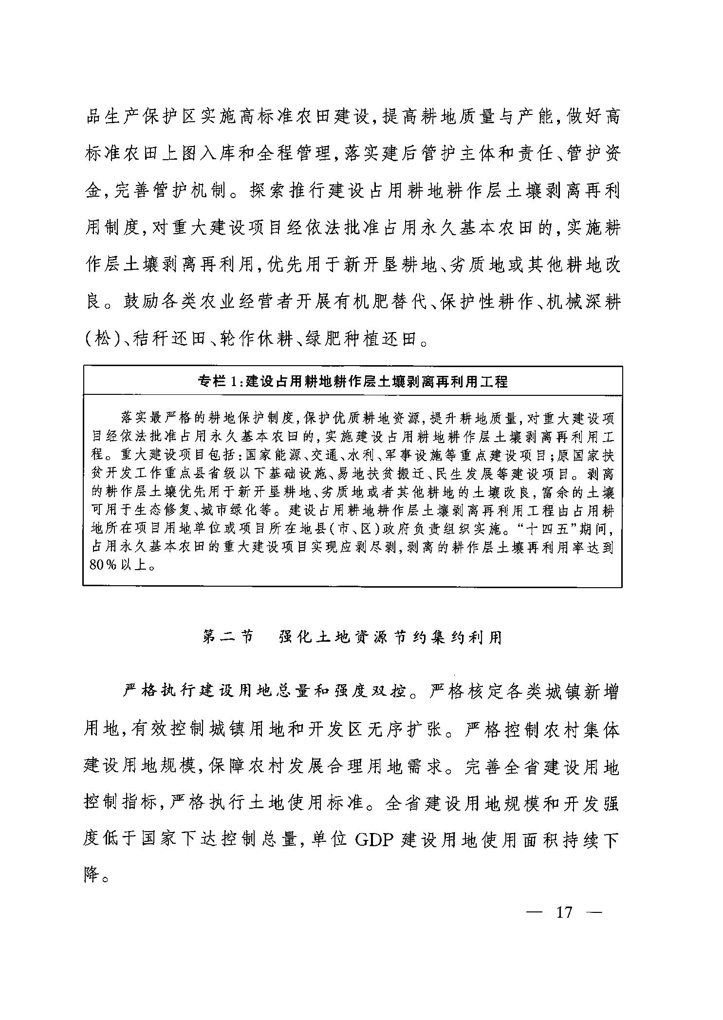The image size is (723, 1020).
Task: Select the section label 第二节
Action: tap(227, 637)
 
